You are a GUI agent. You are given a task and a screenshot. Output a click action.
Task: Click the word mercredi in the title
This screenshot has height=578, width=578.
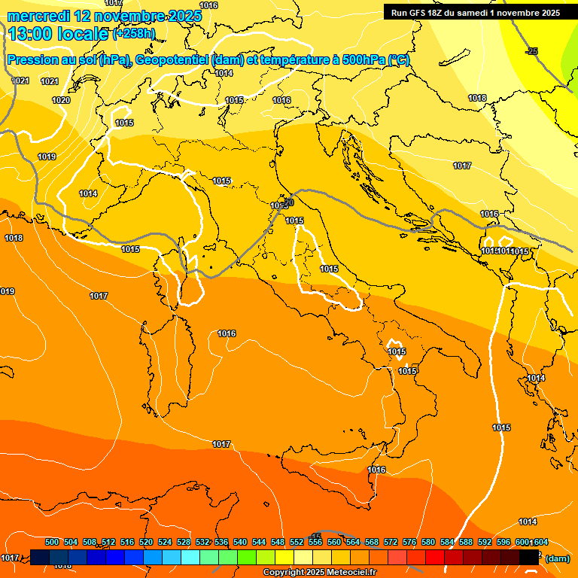coord(38,16)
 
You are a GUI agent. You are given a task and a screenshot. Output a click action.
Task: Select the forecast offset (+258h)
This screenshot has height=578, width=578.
coord(134,34)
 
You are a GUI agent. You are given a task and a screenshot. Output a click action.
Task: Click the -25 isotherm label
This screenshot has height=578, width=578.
coord(532,51)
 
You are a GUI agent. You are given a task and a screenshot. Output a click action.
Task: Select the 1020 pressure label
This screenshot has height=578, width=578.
coord(61,100)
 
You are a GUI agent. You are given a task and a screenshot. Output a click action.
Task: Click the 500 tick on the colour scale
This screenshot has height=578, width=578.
coord(52,542)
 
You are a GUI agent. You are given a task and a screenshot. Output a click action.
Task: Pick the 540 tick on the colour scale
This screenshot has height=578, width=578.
coord(240,542)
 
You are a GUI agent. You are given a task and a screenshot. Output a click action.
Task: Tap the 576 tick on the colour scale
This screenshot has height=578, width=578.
coord(409,542)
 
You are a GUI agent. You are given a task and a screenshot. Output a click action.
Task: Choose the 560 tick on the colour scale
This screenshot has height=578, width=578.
coord(334,542)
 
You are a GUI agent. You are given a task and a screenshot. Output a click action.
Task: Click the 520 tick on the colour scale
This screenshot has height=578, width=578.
coord(146,542)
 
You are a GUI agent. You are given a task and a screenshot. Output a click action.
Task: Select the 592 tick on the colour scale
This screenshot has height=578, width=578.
coord(485,542)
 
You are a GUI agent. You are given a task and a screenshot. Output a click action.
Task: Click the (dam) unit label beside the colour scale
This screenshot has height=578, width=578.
coord(557,558)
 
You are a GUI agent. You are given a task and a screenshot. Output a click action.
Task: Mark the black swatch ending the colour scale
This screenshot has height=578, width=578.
coord(529,557)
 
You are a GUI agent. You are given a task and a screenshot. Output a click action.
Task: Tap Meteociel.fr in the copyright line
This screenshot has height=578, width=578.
coord(349,573)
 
